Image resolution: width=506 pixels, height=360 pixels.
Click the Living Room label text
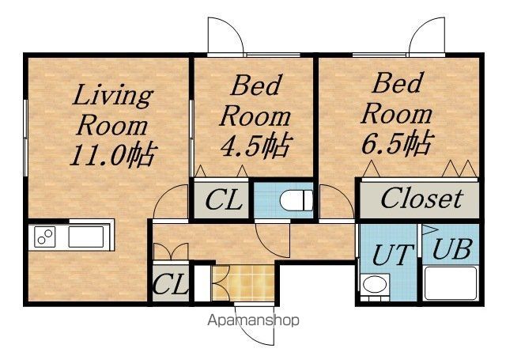[x=112, y=110]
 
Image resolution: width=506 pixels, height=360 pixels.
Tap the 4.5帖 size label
[x=256, y=146]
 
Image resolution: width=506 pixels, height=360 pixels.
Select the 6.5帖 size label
[x=397, y=144]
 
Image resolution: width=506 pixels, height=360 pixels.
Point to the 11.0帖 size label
[x=114, y=154]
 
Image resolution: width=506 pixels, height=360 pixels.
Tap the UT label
[x=393, y=255]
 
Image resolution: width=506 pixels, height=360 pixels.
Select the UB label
[x=452, y=249]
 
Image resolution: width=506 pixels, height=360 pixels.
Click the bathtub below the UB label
[x=451, y=283]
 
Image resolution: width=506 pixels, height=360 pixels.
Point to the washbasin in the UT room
[x=374, y=285]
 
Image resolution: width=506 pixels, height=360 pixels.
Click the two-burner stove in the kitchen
[x=45, y=237]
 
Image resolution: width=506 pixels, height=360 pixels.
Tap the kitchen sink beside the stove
[x=86, y=237]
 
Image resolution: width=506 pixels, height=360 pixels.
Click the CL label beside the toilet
[x=223, y=200]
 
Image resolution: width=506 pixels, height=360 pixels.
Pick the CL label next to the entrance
[x=170, y=284]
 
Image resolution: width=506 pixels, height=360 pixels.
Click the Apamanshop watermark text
[x=253, y=320]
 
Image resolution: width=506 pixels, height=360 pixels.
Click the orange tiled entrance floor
[x=243, y=283]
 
